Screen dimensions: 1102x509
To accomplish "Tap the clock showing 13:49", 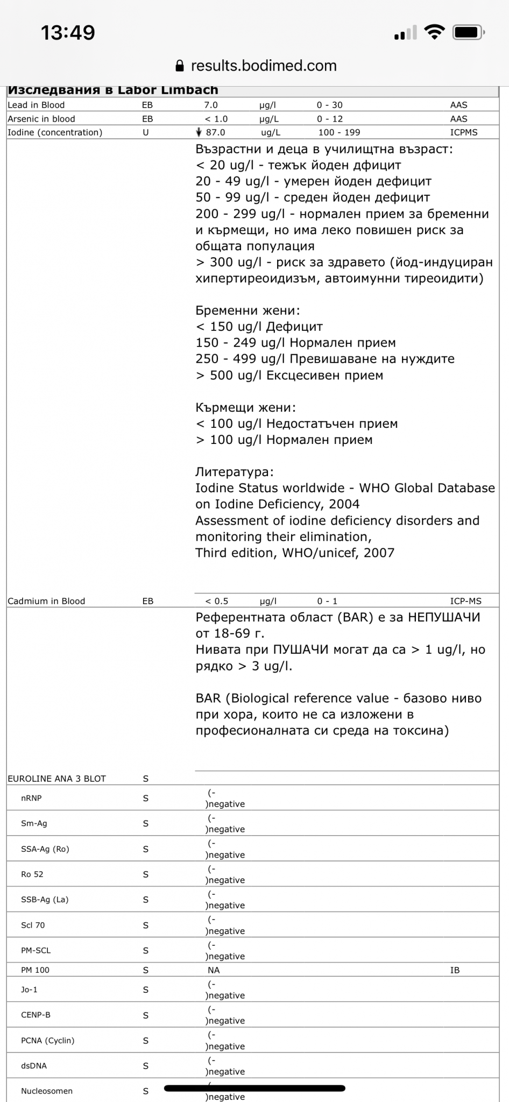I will (68, 33).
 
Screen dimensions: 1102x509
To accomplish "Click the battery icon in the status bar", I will (468, 33).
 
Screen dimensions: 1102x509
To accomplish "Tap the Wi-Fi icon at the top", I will (434, 32).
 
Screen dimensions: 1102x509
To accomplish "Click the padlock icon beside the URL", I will (180, 66).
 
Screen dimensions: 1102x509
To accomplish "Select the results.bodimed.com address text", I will (264, 66).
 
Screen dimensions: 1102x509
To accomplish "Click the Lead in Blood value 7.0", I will (211, 105).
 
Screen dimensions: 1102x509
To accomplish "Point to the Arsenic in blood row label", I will (41, 119).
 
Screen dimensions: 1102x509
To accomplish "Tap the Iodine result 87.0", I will (215, 132).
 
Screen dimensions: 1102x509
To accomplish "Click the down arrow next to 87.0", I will (199, 132).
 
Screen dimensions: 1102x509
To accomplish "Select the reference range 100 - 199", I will (339, 132).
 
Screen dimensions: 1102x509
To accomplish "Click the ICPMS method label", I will (463, 132).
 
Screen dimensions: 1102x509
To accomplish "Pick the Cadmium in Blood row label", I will (46, 601).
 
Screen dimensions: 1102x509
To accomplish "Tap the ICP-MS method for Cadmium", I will (465, 601).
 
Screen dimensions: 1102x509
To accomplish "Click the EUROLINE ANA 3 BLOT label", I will (56, 779).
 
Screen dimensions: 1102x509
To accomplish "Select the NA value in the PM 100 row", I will (214, 970).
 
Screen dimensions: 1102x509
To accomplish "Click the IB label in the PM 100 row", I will (455, 970).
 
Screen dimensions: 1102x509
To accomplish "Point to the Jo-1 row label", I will (29, 990).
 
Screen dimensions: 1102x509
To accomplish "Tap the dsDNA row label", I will (34, 1066).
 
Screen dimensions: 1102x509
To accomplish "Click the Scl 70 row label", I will (33, 926).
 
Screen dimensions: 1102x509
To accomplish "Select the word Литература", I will (234, 472).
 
